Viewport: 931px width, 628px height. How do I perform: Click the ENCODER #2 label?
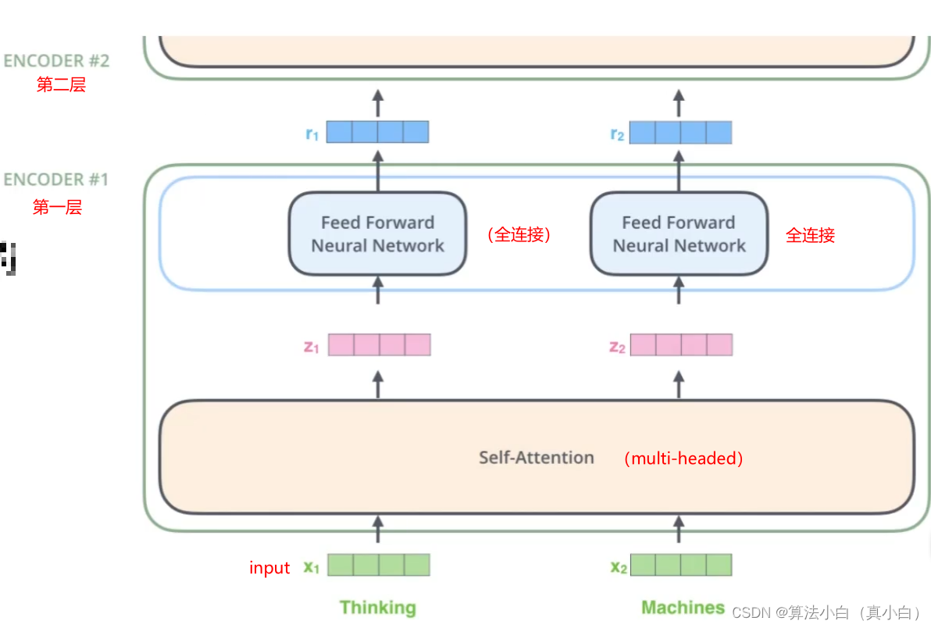click(x=56, y=61)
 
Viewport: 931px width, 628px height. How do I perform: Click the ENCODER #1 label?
click(x=55, y=179)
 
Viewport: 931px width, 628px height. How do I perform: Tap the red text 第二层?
click(x=61, y=85)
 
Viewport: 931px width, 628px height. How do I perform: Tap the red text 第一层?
click(x=57, y=207)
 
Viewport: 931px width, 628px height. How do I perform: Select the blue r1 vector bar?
click(x=377, y=132)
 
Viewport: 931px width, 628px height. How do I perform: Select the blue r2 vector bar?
click(x=680, y=132)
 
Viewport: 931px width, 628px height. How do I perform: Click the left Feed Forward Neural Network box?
click(x=377, y=234)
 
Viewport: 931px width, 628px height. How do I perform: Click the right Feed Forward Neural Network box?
click(x=680, y=234)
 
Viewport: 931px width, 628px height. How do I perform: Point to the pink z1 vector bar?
click(x=380, y=345)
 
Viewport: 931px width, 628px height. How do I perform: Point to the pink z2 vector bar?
click(x=682, y=345)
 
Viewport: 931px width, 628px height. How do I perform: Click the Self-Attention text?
click(x=536, y=458)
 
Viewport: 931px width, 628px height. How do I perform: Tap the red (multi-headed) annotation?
click(x=683, y=459)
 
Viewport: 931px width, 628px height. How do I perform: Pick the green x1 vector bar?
click(x=379, y=565)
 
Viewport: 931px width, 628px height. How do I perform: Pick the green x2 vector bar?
click(x=681, y=565)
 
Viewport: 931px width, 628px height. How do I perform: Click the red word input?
click(x=269, y=567)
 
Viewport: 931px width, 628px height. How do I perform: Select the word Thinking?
click(x=377, y=608)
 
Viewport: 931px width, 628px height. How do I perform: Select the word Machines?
click(x=683, y=607)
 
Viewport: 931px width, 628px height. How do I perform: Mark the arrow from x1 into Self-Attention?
click(x=378, y=530)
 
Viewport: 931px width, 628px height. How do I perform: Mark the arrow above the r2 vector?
click(x=679, y=103)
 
